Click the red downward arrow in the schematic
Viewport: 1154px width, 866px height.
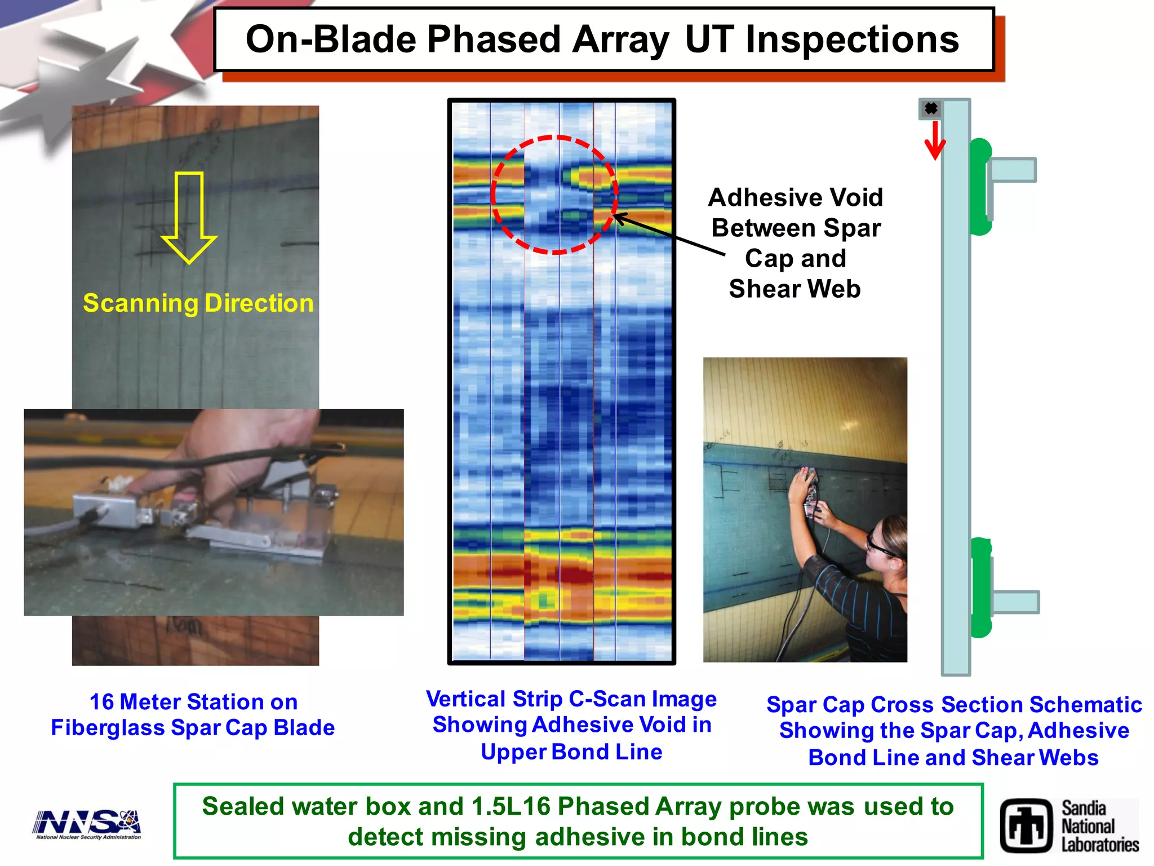tap(935, 141)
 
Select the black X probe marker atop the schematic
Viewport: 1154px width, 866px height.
tap(931, 108)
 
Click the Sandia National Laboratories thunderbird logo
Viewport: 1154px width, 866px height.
tap(1026, 826)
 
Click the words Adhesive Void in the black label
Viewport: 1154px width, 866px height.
tap(795, 197)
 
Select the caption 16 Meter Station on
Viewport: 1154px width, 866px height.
tap(193, 702)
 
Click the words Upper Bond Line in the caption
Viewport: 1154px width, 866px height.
tap(571, 752)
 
